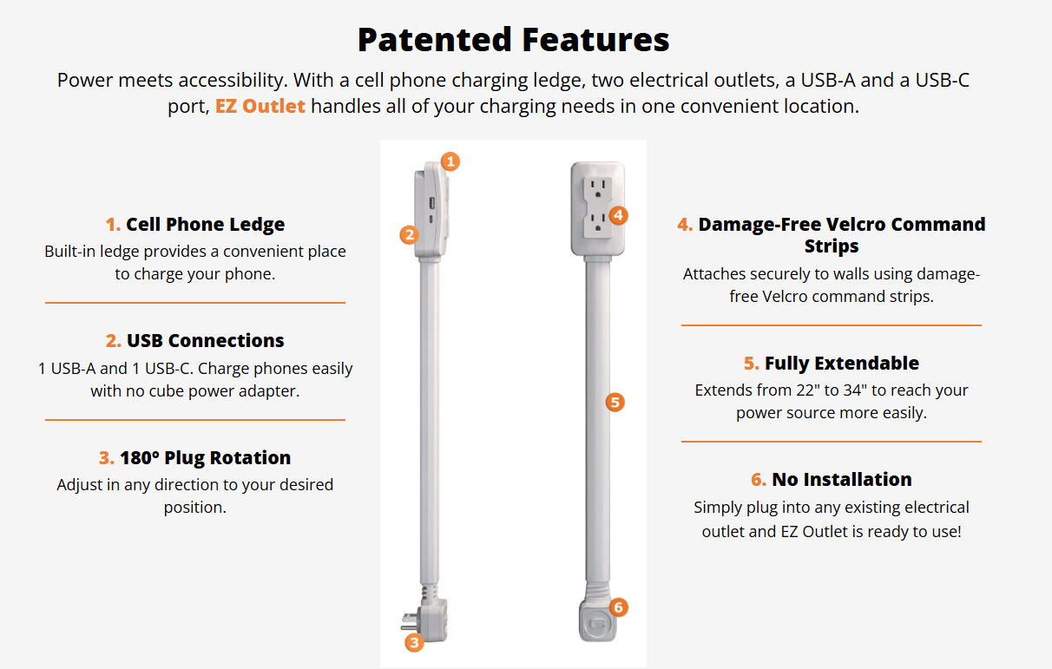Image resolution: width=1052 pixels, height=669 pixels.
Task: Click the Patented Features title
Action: pos(513,39)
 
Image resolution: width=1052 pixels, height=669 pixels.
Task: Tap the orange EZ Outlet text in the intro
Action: pos(260,106)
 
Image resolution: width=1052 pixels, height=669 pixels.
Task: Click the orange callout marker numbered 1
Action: pos(450,161)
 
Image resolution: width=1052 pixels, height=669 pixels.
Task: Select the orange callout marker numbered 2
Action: pos(409,235)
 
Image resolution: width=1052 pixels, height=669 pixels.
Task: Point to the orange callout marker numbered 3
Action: pos(414,643)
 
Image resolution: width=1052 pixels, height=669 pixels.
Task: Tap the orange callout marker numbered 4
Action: pos(619,215)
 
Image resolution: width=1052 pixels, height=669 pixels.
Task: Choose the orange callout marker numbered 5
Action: pos(615,403)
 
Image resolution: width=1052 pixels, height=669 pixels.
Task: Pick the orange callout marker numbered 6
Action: pos(619,607)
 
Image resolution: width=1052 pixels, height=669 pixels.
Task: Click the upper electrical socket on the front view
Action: pos(597,188)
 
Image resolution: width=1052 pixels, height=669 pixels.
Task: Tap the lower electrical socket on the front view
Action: pos(597,224)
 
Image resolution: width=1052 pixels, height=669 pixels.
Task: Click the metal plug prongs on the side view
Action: pos(409,621)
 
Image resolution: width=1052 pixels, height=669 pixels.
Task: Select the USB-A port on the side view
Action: pos(431,204)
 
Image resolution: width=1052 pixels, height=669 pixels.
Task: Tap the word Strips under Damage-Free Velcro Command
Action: pos(832,246)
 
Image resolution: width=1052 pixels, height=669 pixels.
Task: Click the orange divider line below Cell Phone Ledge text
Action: pos(195,303)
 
